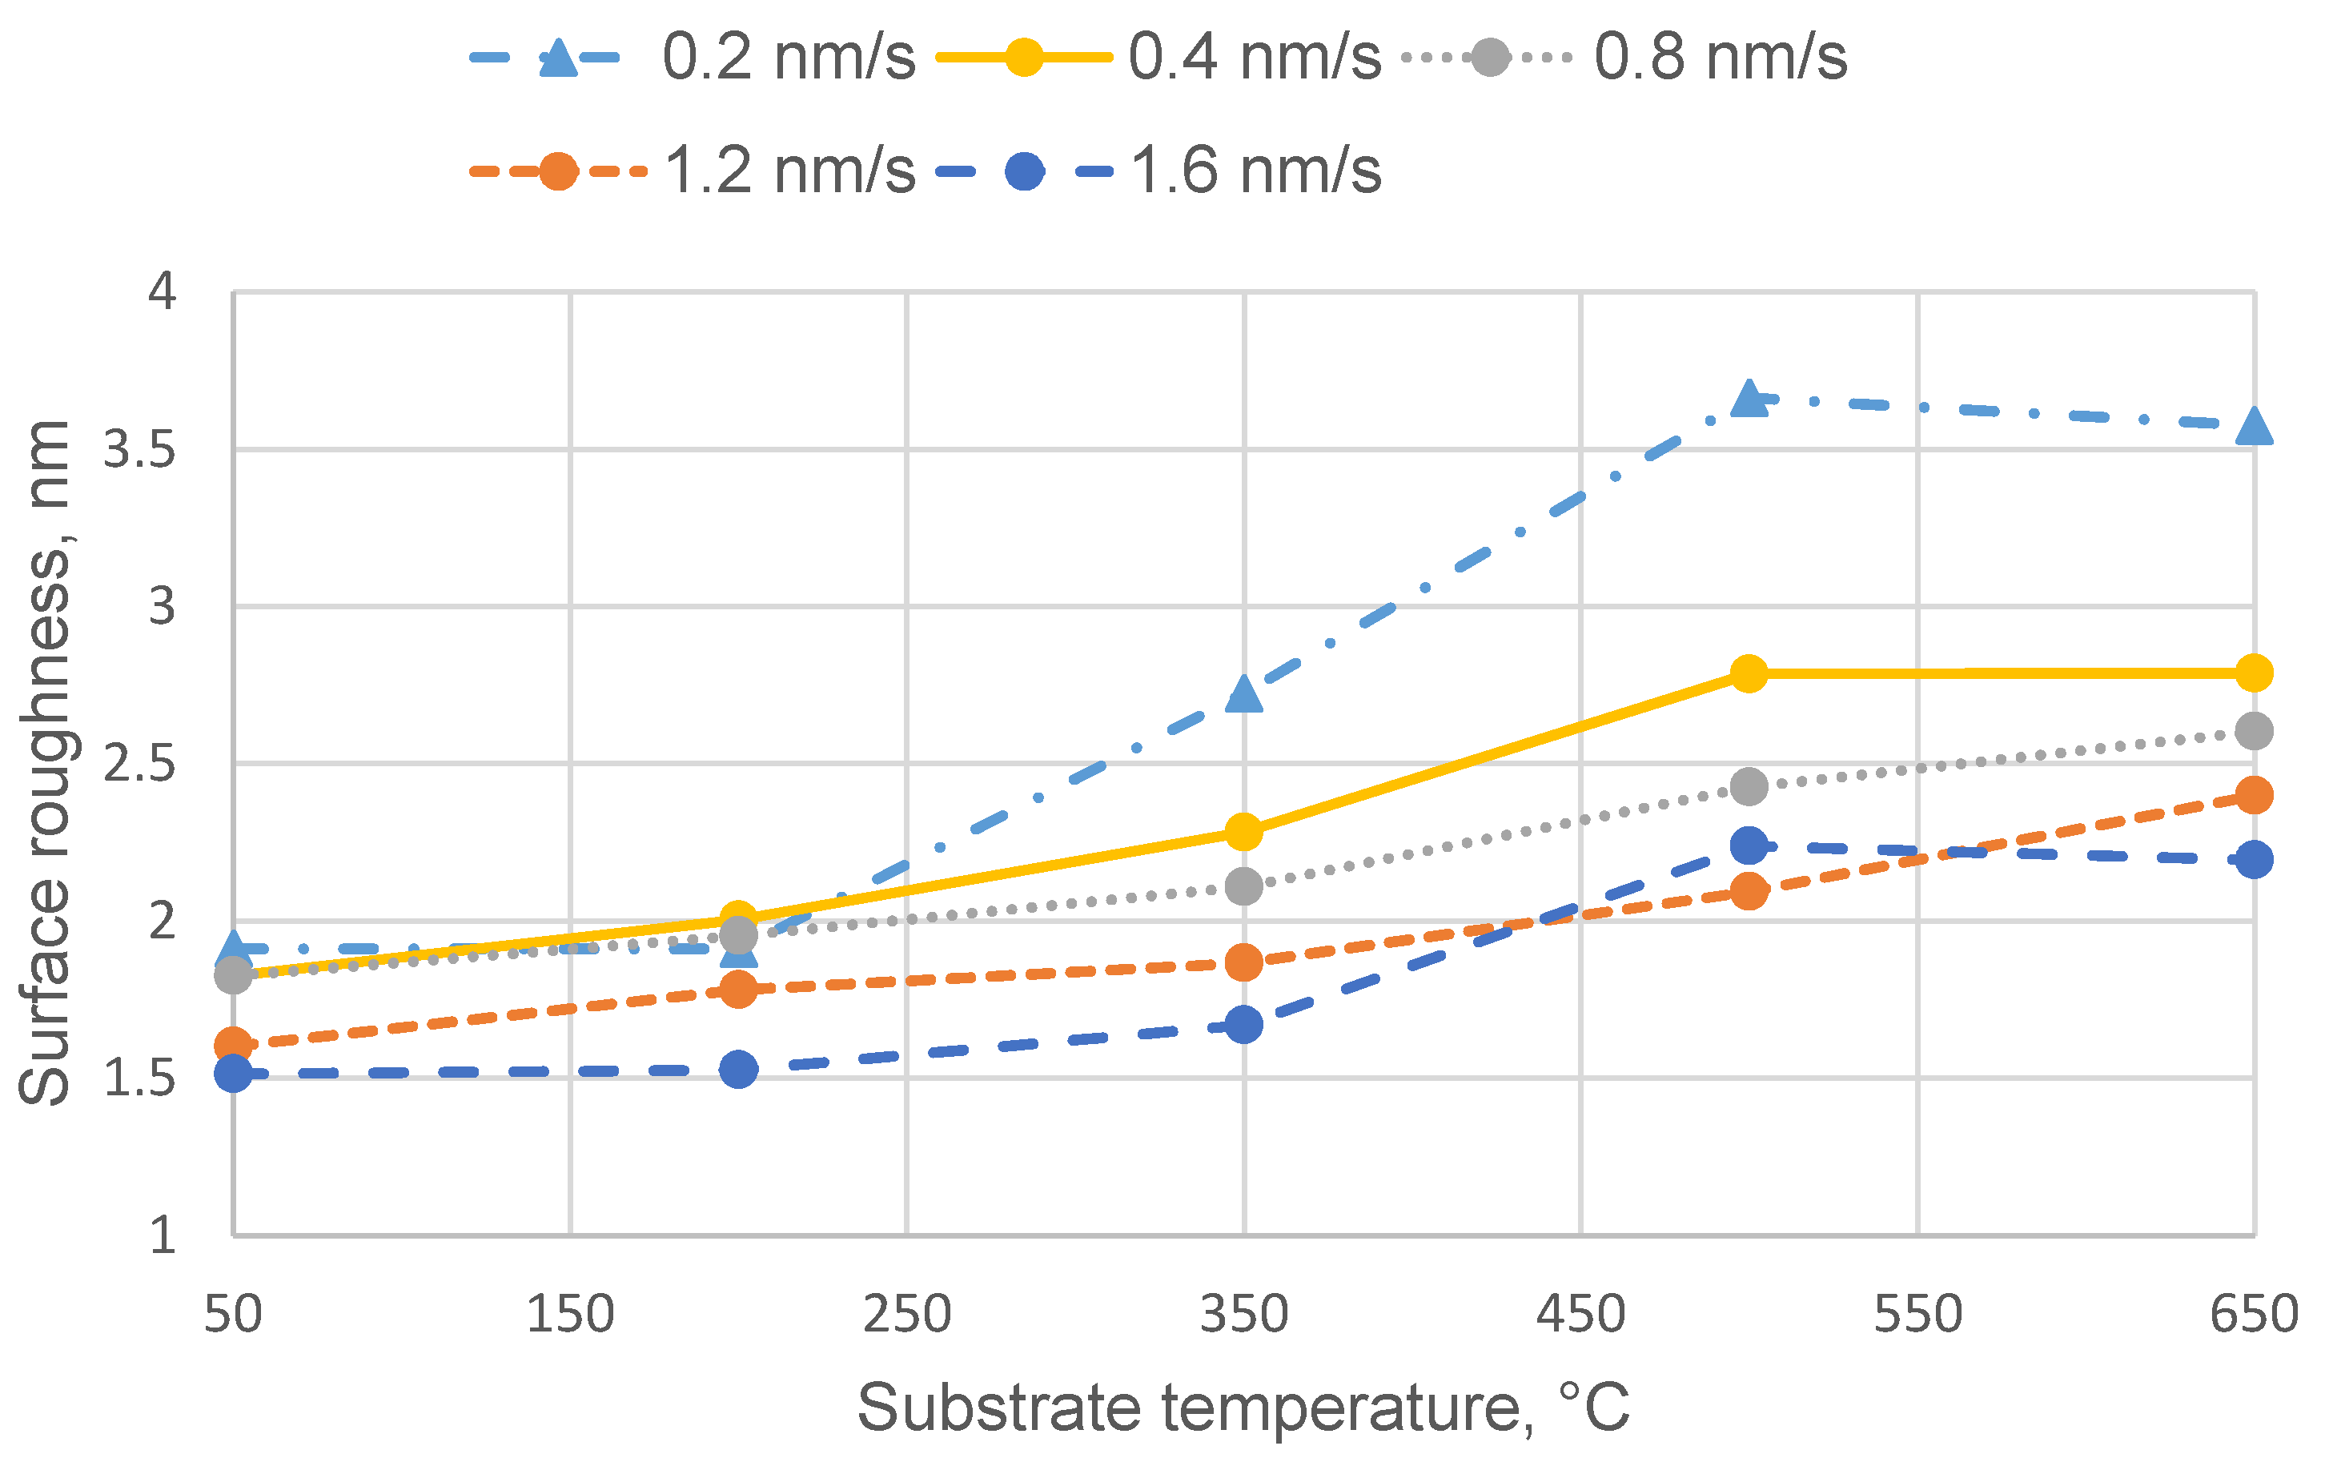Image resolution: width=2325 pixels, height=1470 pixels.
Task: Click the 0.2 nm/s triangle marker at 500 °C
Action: [x=1749, y=399]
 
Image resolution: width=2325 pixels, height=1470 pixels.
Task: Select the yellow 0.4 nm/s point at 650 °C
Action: [x=2254, y=673]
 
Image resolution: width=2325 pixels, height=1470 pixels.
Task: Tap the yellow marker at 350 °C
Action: [x=1243, y=832]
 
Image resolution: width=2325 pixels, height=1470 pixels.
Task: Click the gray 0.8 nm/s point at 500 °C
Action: [x=1749, y=787]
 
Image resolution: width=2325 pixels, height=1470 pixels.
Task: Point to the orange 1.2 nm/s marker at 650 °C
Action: [x=2254, y=796]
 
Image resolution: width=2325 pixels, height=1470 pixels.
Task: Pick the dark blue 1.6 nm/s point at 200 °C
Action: [x=739, y=1069]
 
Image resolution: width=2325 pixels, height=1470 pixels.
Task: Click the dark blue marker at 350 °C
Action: [x=1243, y=1025]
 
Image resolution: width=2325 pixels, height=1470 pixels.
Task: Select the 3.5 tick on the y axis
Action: [x=140, y=450]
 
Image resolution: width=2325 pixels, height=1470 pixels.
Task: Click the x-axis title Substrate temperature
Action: [x=1243, y=1408]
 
